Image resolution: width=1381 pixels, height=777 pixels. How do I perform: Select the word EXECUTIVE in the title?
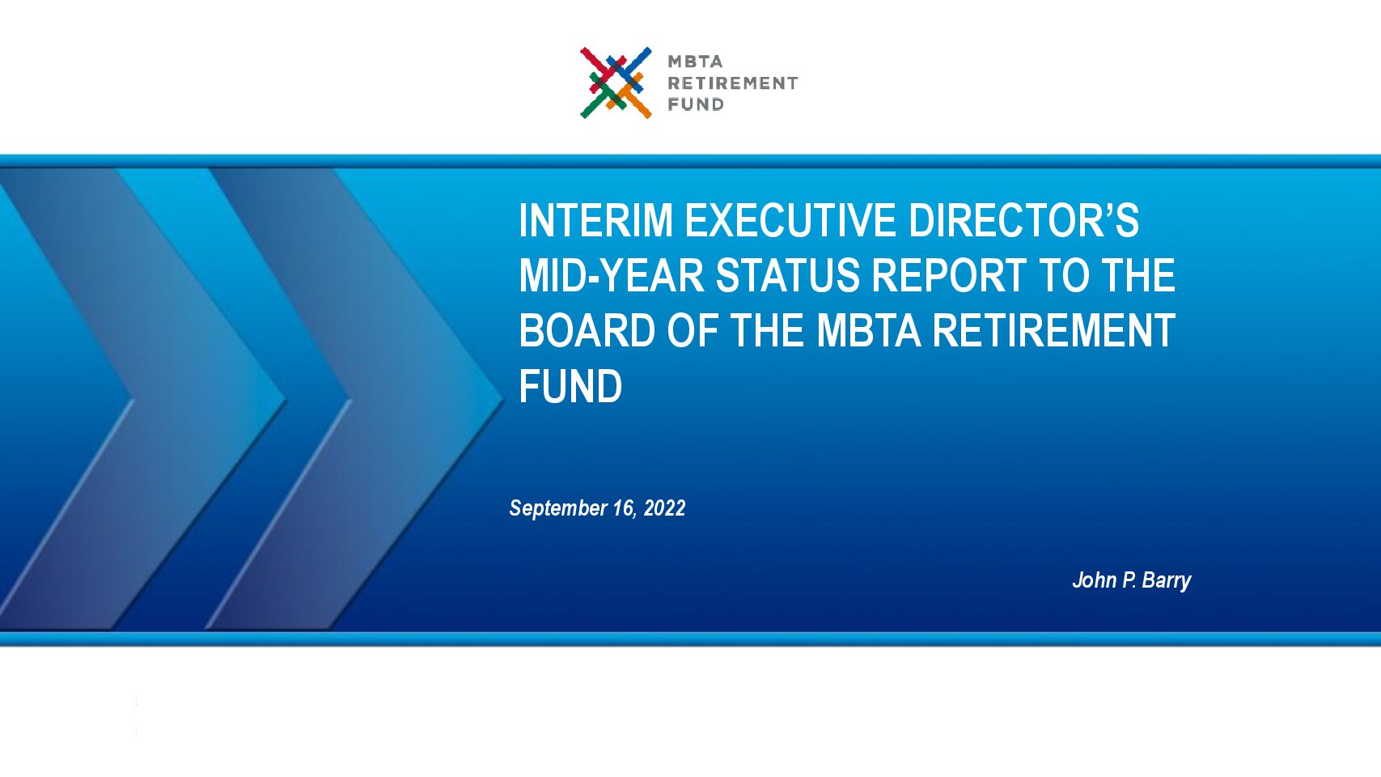coord(790,220)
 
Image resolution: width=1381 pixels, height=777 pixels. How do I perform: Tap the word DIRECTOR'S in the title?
coord(1023,220)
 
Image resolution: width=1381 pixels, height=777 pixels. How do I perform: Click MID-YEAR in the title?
coord(611,275)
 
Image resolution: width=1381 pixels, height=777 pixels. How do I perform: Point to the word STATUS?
coord(787,275)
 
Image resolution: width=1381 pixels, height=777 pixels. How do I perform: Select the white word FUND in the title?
coord(570,386)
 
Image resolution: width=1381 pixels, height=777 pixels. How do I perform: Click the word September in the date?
coord(558,509)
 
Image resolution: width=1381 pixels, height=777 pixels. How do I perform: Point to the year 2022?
coord(664,507)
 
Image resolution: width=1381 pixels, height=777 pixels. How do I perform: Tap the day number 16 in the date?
coord(623,508)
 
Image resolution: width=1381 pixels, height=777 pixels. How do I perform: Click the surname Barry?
coord(1167,581)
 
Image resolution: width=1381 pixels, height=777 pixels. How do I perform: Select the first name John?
coord(1095,580)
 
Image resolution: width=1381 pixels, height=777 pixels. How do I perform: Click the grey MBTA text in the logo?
coord(695,62)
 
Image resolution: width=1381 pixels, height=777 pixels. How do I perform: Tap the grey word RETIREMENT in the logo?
coord(733,83)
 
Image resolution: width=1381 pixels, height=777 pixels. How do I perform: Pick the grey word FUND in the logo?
coord(696,104)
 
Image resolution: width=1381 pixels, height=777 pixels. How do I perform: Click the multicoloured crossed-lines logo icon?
coord(616,83)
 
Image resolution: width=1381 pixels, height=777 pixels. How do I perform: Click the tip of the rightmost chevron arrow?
coord(503,401)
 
